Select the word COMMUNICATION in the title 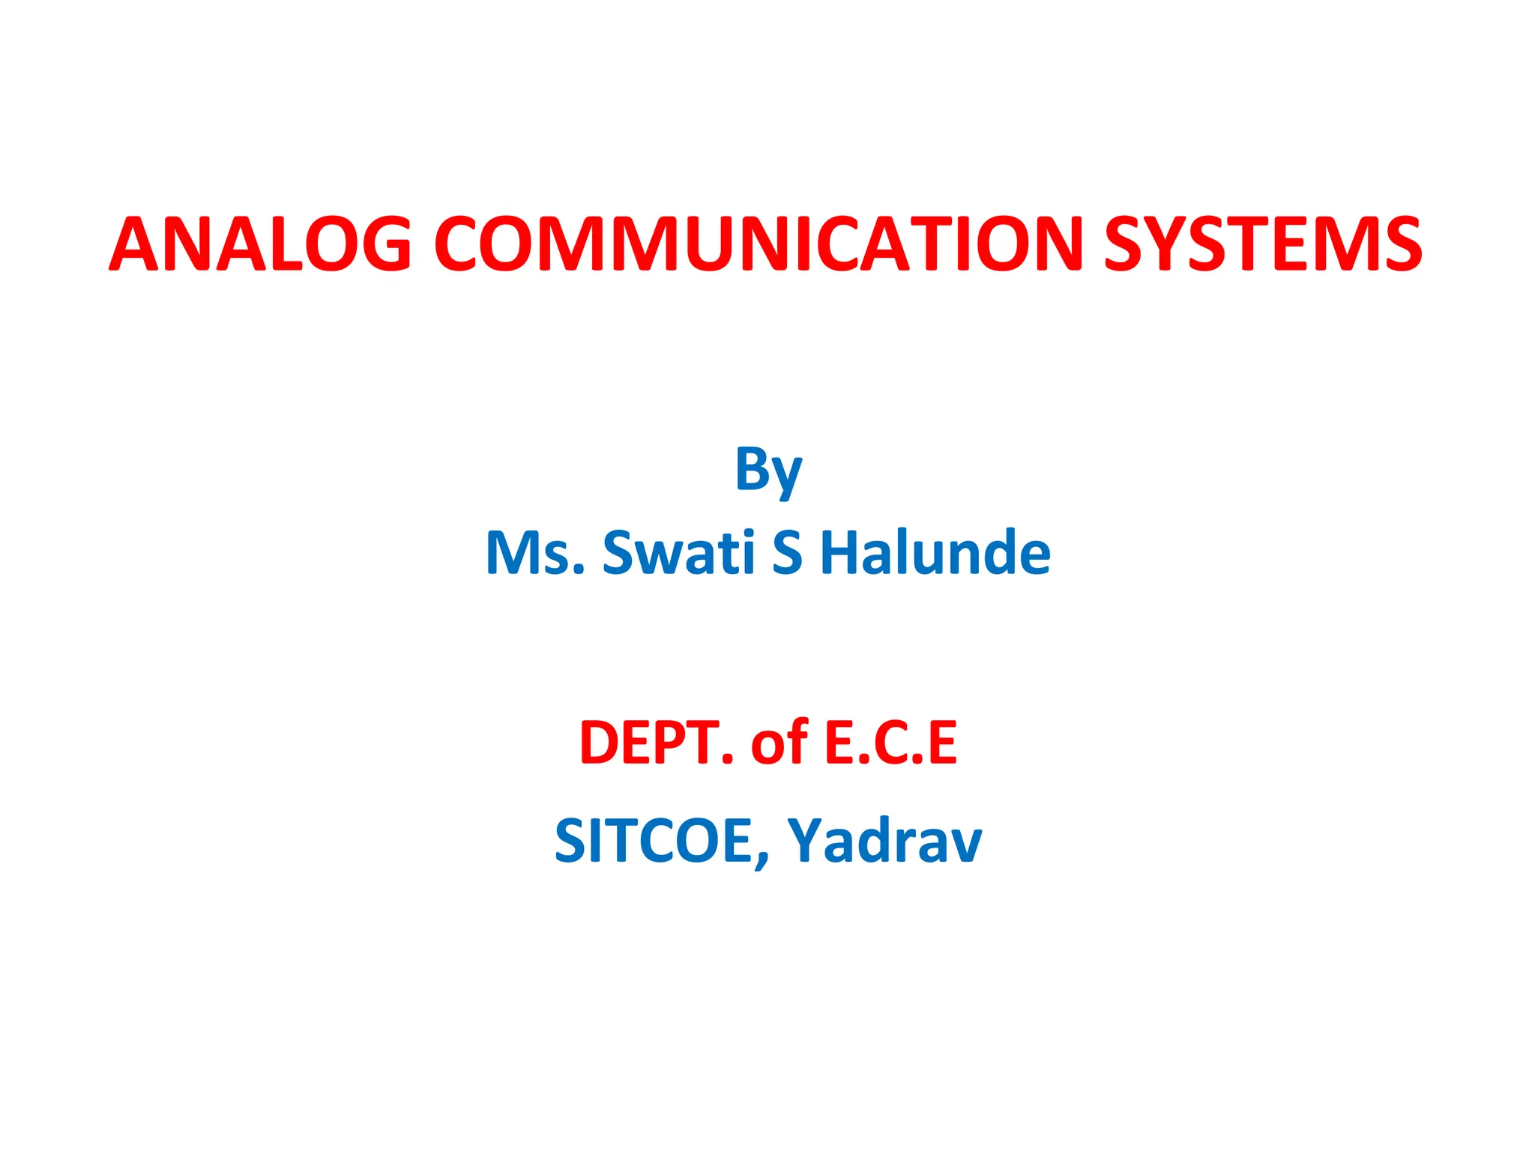[x=758, y=244]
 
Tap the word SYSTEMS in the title [x=1263, y=244]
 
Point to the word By [x=768, y=471]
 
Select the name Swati [x=678, y=553]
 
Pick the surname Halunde [x=935, y=553]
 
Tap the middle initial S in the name [x=787, y=553]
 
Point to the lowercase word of [x=779, y=743]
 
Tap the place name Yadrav [x=884, y=841]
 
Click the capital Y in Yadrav [x=805, y=841]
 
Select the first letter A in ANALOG [x=139, y=244]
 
